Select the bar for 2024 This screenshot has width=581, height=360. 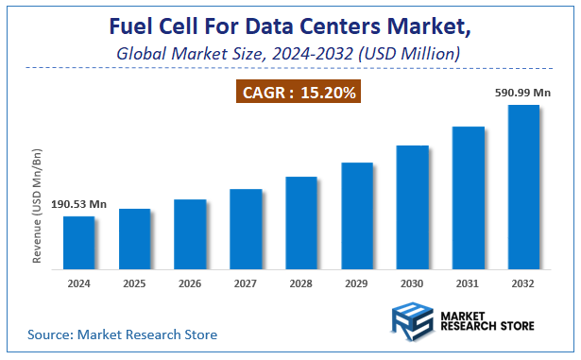pyautogui.click(x=78, y=242)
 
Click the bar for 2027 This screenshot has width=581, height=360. pyautogui.click(x=246, y=229)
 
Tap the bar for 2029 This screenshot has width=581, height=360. pyautogui.click(x=357, y=215)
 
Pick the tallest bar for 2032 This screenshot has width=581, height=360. pyautogui.click(x=523, y=186)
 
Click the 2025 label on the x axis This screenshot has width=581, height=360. pyautogui.click(x=134, y=283)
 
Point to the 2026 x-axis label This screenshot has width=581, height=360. pyautogui.click(x=190, y=283)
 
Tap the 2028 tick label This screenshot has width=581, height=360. pyautogui.click(x=301, y=283)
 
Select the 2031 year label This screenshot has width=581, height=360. pyautogui.click(x=468, y=283)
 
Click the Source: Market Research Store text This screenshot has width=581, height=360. pyautogui.click(x=123, y=334)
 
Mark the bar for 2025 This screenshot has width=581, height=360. pyautogui.click(x=134, y=238)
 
